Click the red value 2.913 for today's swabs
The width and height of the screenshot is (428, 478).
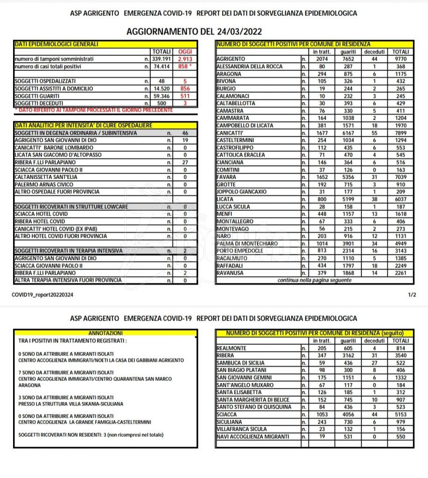tap(185, 59)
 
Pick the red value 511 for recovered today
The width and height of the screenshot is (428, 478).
tap(185, 96)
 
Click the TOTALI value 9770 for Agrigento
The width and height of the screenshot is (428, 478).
tap(400, 59)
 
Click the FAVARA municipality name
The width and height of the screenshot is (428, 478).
tap(227, 177)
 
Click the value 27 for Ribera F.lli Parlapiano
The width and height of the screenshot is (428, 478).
tap(185, 162)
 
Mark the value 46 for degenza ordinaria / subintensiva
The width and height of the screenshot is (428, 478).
tap(185, 133)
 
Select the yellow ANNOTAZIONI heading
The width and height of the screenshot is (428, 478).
tap(105, 333)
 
